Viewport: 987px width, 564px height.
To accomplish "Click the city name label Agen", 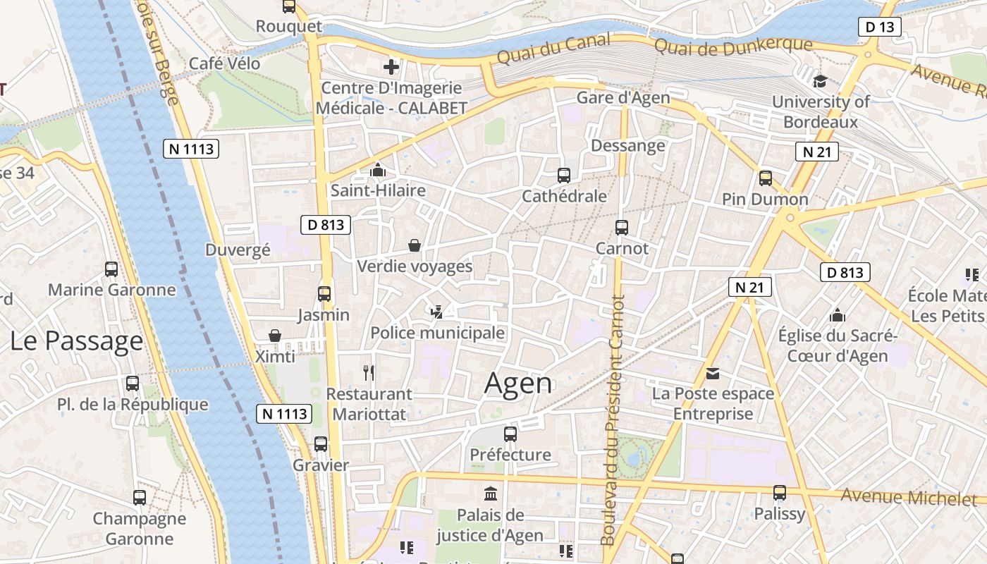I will point(518,384).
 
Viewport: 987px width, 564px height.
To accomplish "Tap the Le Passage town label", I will point(76,341).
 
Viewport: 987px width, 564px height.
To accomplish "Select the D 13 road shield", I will point(880,27).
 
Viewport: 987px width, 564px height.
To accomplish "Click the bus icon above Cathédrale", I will point(563,176).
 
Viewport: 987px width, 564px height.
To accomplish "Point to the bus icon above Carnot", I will point(621,228).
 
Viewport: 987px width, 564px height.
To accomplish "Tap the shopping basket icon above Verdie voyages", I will point(415,245).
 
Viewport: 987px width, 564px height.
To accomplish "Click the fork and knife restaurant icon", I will point(368,372).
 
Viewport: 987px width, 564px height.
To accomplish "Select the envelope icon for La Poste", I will point(713,373).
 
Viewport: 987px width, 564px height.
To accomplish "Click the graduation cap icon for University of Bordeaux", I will point(820,81).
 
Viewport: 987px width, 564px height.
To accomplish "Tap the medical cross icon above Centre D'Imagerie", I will point(391,67).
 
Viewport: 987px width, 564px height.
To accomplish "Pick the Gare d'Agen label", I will point(623,98).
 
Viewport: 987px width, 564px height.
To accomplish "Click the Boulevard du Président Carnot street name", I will point(611,419).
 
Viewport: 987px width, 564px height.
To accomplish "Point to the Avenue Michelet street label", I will point(909,497).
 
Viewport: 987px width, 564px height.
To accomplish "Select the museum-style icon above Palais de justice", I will point(490,493).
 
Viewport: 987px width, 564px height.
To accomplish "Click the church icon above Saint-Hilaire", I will point(378,170).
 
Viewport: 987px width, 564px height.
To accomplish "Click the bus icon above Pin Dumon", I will point(765,178).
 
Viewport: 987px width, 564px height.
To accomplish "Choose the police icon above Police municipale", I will point(437,312).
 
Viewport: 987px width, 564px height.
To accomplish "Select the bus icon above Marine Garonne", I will point(111,269).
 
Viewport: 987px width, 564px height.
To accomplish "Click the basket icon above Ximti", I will point(275,336).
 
